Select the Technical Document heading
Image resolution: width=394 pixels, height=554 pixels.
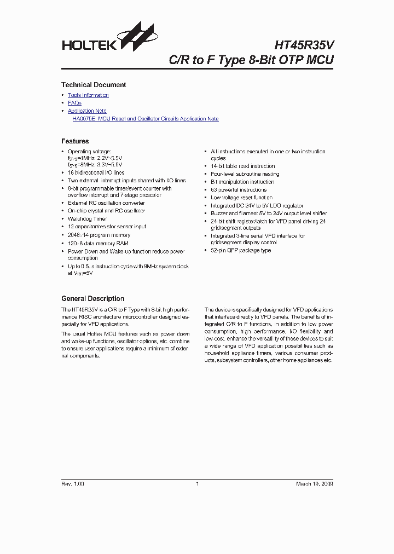pyautogui.click(x=94, y=85)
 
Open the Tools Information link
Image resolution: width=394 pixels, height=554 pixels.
pyautogui.click(x=88, y=95)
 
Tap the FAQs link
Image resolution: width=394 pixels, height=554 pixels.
pyautogui.click(x=74, y=103)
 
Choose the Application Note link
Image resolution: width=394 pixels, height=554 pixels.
pyautogui.click(x=87, y=111)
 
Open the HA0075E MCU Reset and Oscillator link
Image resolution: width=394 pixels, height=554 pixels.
pyautogui.click(x=146, y=119)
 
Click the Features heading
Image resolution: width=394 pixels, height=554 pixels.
pyautogui.click(x=75, y=141)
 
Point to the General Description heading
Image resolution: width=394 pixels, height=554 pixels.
pyautogui.click(x=92, y=299)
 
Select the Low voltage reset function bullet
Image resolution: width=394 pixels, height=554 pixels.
pyautogui.click(x=241, y=198)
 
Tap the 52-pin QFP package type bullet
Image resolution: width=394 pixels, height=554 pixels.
pyautogui.click(x=241, y=250)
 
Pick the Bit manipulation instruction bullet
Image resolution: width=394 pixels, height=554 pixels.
pyautogui.click(x=242, y=182)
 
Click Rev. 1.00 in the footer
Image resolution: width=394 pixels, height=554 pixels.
pyautogui.click(x=73, y=484)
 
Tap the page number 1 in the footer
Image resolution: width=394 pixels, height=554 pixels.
pyautogui.click(x=197, y=484)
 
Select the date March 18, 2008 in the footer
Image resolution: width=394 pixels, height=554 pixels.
pyautogui.click(x=314, y=484)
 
